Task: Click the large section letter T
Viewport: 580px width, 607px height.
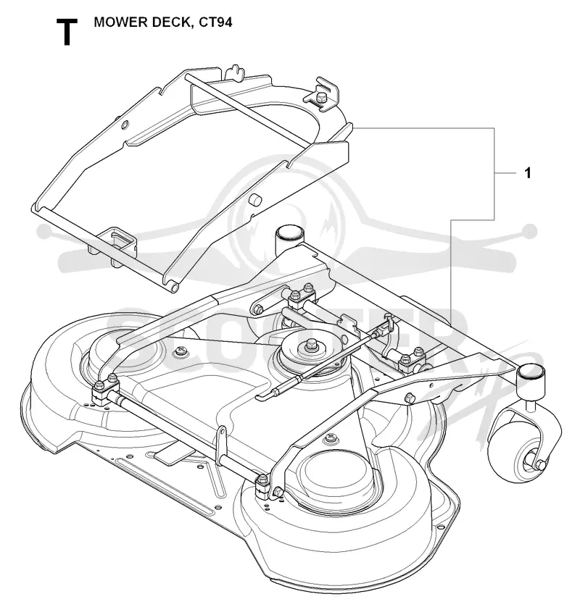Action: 67,32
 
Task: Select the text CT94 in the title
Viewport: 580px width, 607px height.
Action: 215,22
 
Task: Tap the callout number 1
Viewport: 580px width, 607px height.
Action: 527,172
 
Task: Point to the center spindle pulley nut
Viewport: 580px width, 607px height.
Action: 310,345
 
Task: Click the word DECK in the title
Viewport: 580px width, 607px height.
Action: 173,22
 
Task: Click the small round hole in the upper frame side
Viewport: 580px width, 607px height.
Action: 124,125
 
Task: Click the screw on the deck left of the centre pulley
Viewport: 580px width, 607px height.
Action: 180,351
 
